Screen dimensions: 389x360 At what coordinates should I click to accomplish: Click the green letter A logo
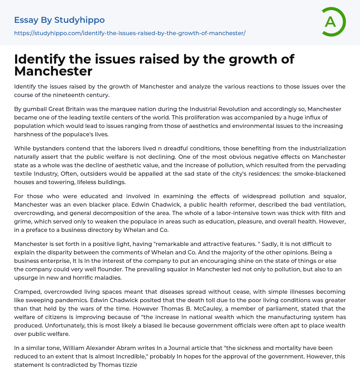[x=333, y=22]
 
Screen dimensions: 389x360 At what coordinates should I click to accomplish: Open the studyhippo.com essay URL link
[x=130, y=33]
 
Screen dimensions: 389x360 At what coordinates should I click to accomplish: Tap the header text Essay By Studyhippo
[x=59, y=20]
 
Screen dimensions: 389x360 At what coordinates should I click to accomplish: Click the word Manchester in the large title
[x=53, y=71]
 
